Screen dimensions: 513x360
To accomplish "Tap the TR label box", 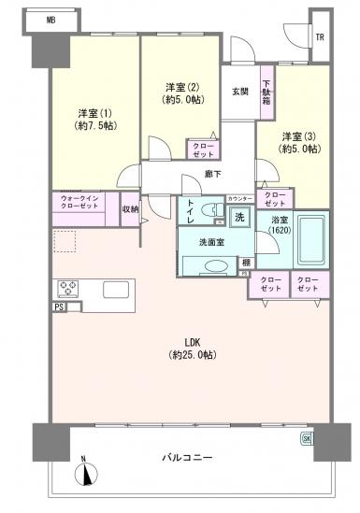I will (320, 38).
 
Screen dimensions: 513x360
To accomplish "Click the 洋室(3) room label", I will (301, 135).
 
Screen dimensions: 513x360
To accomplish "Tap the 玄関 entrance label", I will (239, 91).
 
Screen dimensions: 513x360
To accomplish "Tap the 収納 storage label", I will (130, 208).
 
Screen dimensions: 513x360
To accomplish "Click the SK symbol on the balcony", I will (305, 438).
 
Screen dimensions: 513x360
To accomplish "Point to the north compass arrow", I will (87, 473).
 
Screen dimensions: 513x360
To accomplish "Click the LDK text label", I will (193, 341).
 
